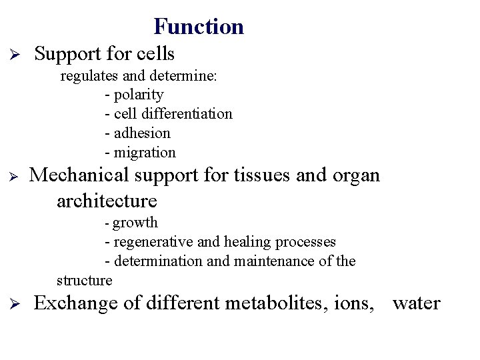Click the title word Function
[x=199, y=27]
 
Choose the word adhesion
[x=142, y=133]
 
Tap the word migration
[x=145, y=153]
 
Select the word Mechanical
[x=81, y=175]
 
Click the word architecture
[x=107, y=201]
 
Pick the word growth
[x=135, y=223]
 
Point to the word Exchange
[x=77, y=303]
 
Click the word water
[x=416, y=304]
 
